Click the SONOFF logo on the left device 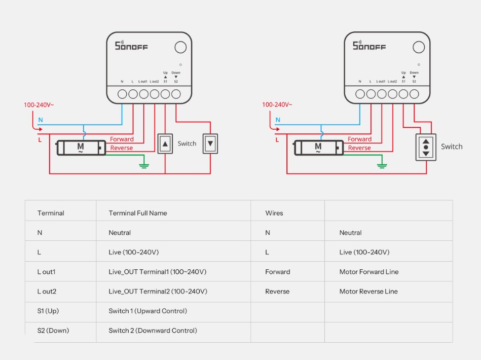pos(131,46)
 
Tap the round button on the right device pos(419,47)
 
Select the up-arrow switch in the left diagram pos(165,143)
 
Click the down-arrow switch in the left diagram pos(210,143)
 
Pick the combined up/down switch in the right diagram pos(426,148)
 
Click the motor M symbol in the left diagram pos(81,148)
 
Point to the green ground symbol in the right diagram pos(382,166)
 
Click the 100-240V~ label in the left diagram pos(39,105)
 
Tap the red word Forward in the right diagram pos(359,139)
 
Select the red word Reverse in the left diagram pos(122,148)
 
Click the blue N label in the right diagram pos(278,120)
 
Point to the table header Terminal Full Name pos(138,213)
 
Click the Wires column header pos(274,213)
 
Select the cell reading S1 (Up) pos(48,311)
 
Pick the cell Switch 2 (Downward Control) pos(153,331)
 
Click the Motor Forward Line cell pos(369,272)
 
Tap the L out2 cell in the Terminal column pos(47,291)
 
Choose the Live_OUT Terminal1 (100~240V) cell pos(157,272)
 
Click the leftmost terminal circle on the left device pos(122,94)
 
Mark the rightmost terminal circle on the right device pos(414,94)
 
